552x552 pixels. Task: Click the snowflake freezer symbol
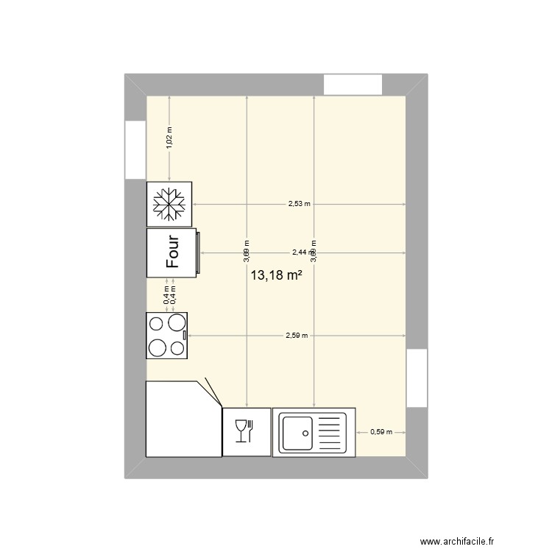[169, 204]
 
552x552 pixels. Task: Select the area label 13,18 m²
[277, 276]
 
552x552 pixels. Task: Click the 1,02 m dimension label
[169, 138]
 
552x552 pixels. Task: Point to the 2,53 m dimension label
[299, 204]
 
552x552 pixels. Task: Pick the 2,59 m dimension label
[297, 335]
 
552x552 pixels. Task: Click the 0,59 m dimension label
[381, 432]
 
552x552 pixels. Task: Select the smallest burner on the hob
[177, 348]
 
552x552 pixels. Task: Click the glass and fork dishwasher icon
[244, 431]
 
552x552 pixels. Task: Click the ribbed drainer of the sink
[331, 432]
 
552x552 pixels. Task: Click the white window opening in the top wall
[353, 84]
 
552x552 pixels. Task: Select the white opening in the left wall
[135, 149]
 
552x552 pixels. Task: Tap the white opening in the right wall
[417, 378]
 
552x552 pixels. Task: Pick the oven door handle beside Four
[197, 252]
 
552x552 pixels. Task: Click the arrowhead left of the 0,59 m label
[358, 432]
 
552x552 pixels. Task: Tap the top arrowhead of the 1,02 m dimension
[169, 99]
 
